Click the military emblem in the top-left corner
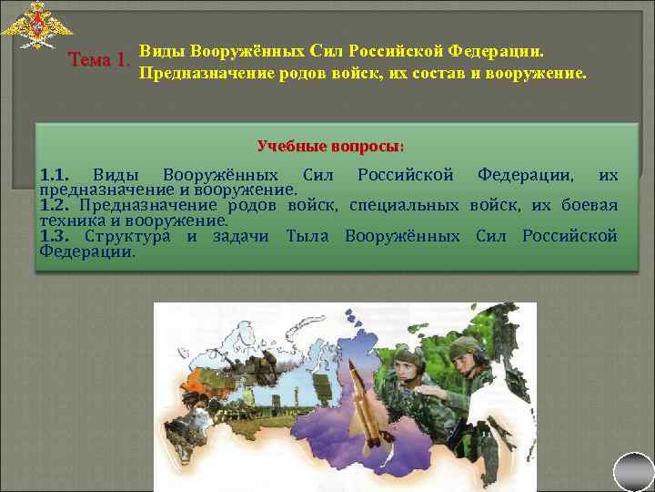pos(36,25)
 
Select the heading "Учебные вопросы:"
pos(331,146)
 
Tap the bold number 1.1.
pos(54,175)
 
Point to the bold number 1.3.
pos(55,237)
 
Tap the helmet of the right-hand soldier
pos(467,346)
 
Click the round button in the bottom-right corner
pos(633,472)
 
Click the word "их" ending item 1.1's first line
pos(609,175)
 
